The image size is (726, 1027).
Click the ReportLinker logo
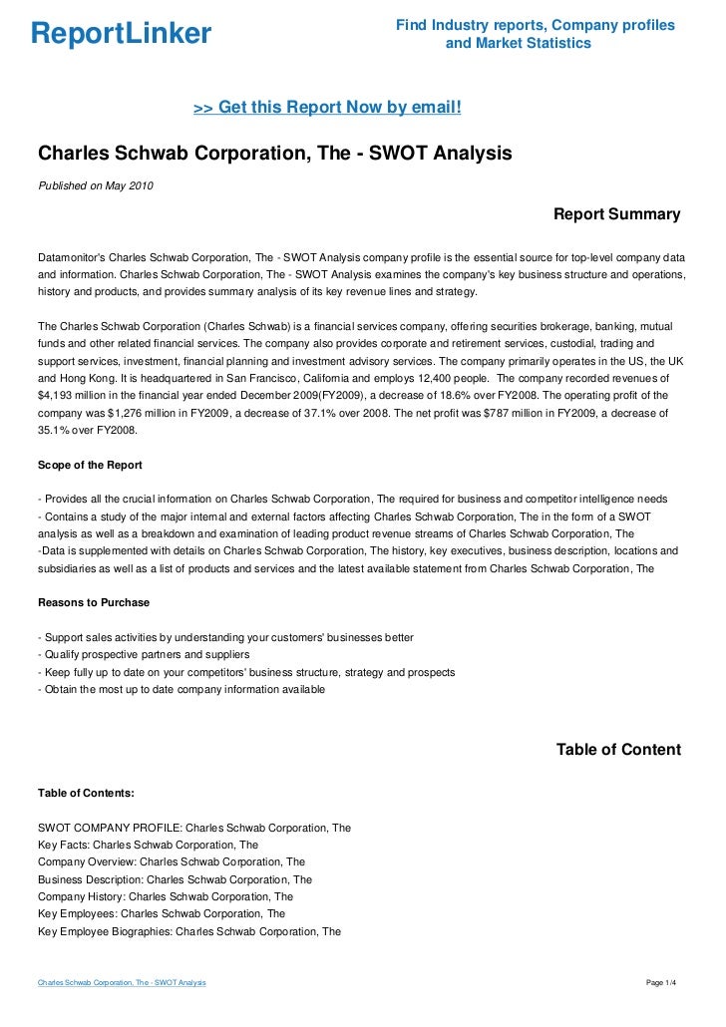[121, 34]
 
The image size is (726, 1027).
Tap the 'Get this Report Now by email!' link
[326, 106]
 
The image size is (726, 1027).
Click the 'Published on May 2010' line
[96, 184]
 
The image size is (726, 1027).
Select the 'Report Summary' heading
[616, 214]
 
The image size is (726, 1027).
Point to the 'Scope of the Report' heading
[90, 465]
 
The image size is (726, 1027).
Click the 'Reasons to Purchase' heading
[93, 603]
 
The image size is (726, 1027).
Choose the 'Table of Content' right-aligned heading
[618, 749]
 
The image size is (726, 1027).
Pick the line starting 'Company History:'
[165, 896]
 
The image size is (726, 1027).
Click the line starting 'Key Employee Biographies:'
[189, 932]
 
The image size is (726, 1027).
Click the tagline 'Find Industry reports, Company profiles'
[536, 25]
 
